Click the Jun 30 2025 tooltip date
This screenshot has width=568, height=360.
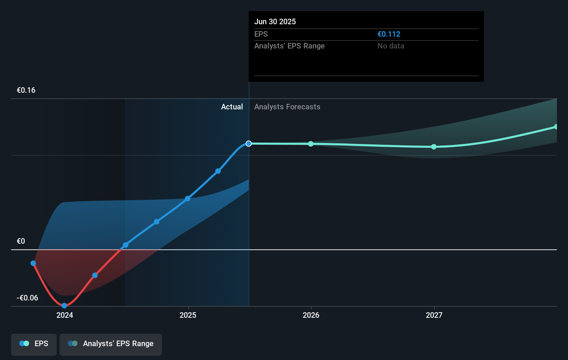pyautogui.click(x=275, y=21)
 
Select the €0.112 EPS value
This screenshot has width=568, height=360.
pyautogui.click(x=389, y=34)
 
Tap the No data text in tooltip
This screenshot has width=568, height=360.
pyautogui.click(x=391, y=46)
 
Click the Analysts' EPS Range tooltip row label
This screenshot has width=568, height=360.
pyautogui.click(x=289, y=46)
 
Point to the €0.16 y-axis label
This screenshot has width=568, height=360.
pyautogui.click(x=26, y=90)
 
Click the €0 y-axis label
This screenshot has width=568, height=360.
pyautogui.click(x=21, y=241)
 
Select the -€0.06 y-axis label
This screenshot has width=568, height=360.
pyautogui.click(x=27, y=298)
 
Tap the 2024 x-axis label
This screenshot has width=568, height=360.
pyautogui.click(x=65, y=315)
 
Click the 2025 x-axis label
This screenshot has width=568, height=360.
pyautogui.click(x=188, y=315)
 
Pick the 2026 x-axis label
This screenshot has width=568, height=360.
pyautogui.click(x=311, y=315)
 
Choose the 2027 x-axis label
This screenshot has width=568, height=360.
pyautogui.click(x=434, y=315)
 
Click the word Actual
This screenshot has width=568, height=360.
pyautogui.click(x=232, y=107)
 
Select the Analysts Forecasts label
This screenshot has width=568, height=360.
pyautogui.click(x=287, y=107)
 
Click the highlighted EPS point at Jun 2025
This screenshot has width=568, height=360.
pyautogui.click(x=249, y=143)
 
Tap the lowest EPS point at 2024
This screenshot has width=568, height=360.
pyautogui.click(x=64, y=305)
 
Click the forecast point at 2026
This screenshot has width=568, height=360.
pyautogui.click(x=311, y=144)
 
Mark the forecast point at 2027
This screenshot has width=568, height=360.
pyautogui.click(x=434, y=147)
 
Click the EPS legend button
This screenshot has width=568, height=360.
pyautogui.click(x=34, y=344)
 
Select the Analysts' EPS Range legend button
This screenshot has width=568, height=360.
pyautogui.click(x=111, y=344)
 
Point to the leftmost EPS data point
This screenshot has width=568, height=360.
pyautogui.click(x=33, y=263)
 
